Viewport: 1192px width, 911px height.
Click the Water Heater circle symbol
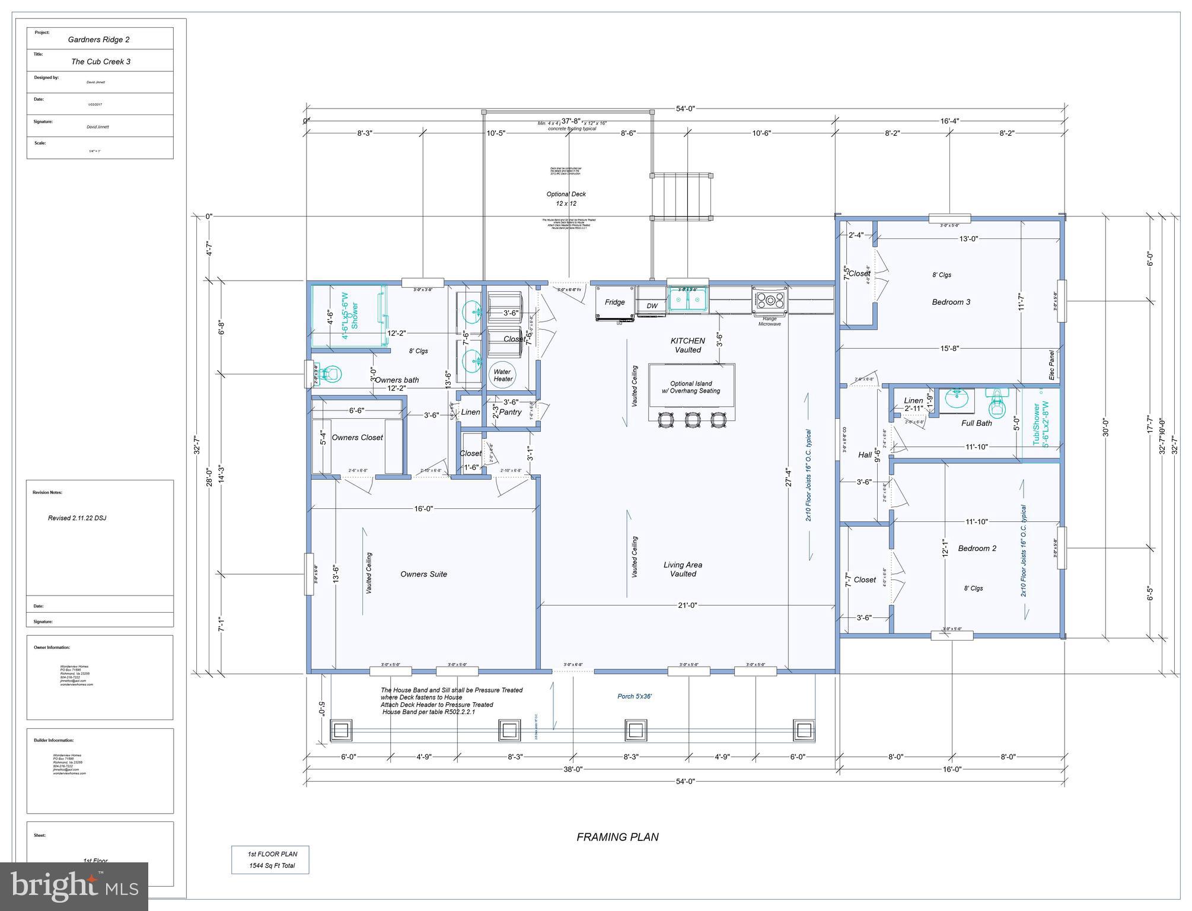pyautogui.click(x=503, y=375)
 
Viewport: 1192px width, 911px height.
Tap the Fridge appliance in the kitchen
pyautogui.click(x=614, y=302)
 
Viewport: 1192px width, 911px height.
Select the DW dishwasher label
pyautogui.click(x=652, y=306)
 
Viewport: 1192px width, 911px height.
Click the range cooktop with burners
pyautogui.click(x=770, y=300)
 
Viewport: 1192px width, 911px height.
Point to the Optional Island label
pyautogui.click(x=691, y=384)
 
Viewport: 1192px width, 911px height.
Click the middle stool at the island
pyautogui.click(x=692, y=419)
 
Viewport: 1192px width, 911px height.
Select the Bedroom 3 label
pyautogui.click(x=951, y=302)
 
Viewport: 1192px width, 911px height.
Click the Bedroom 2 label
pyautogui.click(x=977, y=548)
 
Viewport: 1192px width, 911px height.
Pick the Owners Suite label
pyautogui.click(x=423, y=574)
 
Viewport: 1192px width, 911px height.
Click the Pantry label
pyautogui.click(x=510, y=412)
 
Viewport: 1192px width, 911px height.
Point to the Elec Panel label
pyautogui.click(x=1051, y=365)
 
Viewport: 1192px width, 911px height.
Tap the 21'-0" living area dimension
pyautogui.click(x=687, y=605)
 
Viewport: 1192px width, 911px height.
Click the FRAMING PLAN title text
pyautogui.click(x=617, y=837)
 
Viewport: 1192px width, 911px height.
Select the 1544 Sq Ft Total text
pyautogui.click(x=272, y=865)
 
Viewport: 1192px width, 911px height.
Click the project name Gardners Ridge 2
pyautogui.click(x=98, y=40)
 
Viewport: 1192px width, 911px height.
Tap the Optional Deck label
pyautogui.click(x=566, y=194)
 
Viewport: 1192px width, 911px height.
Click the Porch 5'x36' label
pyautogui.click(x=635, y=696)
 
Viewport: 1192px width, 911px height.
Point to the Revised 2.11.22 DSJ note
pyautogui.click(x=77, y=518)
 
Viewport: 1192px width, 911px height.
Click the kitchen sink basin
pyautogui.click(x=688, y=300)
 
